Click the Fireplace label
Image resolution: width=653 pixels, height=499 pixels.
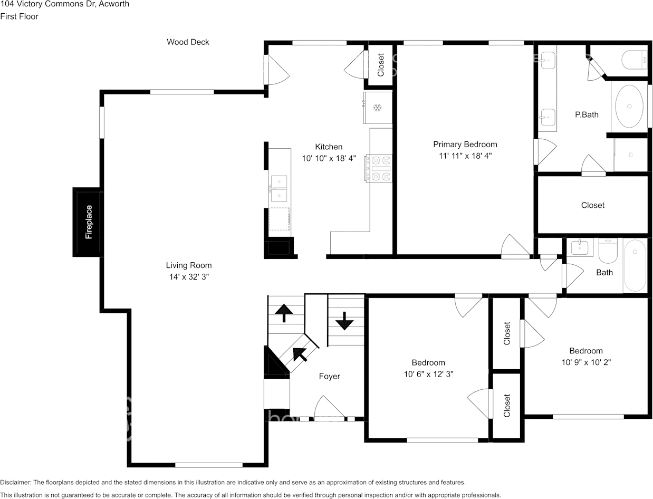coord(89,222)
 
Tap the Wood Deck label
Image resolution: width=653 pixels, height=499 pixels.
coord(188,42)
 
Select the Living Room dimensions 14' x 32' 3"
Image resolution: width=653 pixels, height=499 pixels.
coord(189,277)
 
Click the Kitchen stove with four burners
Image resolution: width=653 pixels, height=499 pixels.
coord(378,168)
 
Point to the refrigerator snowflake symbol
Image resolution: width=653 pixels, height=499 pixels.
coord(377,108)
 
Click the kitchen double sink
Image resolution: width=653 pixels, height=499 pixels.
coord(279,188)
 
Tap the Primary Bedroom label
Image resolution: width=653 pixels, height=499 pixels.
coord(465,144)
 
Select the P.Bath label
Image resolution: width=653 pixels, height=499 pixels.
coord(587,114)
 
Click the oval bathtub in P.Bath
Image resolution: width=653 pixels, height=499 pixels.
coord(629,107)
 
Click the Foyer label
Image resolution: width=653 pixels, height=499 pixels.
coord(329,376)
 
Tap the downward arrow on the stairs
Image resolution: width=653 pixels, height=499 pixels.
coord(344,321)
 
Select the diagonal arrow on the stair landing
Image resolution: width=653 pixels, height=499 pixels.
coord(300,354)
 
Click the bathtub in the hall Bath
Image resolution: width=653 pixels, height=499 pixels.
coord(635,265)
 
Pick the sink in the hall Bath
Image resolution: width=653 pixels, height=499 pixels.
coord(580,248)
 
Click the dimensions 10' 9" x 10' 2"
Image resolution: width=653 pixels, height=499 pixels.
coord(586,362)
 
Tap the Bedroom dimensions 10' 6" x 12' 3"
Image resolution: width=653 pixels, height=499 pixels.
coord(428,374)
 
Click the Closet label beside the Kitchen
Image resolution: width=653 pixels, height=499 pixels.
coord(380,65)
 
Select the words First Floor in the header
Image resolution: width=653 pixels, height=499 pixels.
coord(20,16)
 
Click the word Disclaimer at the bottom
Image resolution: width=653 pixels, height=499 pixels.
coord(15,482)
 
